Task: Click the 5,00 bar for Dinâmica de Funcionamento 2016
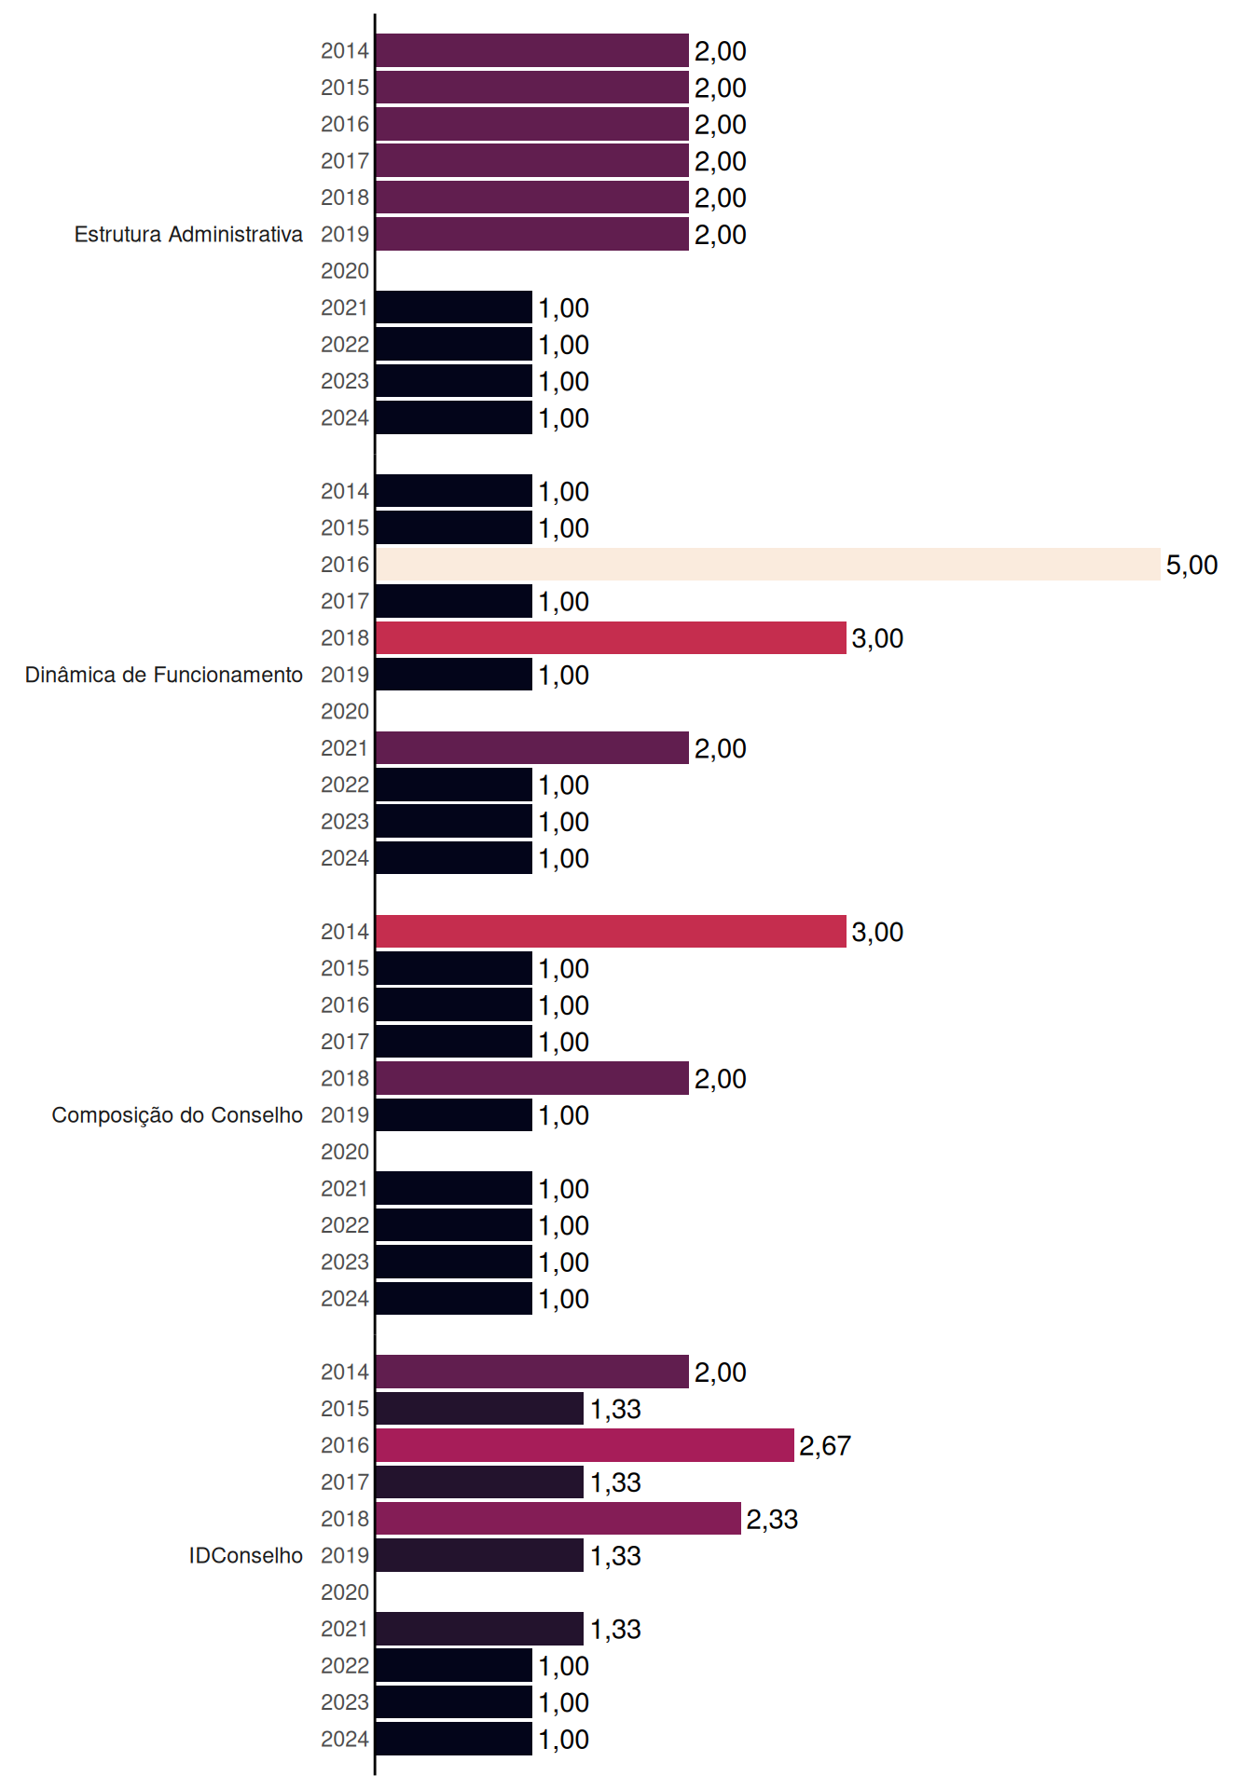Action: (x=768, y=565)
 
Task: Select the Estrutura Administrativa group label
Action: (x=188, y=234)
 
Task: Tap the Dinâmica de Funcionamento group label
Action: (x=164, y=675)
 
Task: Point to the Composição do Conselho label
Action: (x=177, y=1115)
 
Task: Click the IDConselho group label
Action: (x=246, y=1555)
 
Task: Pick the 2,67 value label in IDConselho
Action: (x=825, y=1445)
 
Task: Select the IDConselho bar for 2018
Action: (x=558, y=1519)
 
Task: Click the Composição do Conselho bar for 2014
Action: (x=612, y=932)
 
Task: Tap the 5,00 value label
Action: (x=1191, y=565)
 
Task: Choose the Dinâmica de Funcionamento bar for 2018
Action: (x=612, y=638)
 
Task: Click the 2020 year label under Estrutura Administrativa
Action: (x=345, y=271)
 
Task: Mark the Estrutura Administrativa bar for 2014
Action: (x=532, y=50)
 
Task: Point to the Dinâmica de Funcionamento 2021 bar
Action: (x=532, y=748)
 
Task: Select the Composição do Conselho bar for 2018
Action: (x=532, y=1078)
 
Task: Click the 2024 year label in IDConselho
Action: (x=345, y=1740)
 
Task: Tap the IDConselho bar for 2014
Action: (x=532, y=1372)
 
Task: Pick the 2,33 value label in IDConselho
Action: (x=772, y=1519)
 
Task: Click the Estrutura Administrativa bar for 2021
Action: (x=454, y=307)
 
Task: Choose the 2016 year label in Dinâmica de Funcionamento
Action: (x=345, y=565)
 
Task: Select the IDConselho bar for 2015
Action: (x=480, y=1409)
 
